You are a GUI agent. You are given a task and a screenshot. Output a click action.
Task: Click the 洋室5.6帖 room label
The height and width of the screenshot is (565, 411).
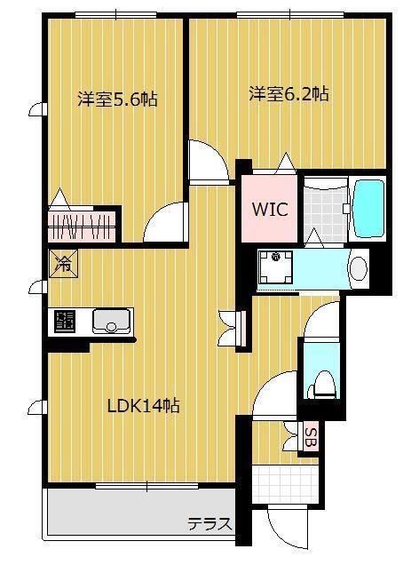117,99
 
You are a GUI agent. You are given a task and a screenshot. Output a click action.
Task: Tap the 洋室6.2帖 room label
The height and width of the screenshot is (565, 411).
288,92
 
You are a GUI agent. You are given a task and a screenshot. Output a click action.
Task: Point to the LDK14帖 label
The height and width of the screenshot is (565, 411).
144,406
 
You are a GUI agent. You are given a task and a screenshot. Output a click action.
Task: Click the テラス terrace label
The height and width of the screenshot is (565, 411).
209,523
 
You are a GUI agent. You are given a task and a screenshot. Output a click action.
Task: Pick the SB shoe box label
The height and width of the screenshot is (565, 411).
310,436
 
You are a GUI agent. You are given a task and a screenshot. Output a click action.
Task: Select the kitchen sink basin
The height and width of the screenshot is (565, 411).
112,320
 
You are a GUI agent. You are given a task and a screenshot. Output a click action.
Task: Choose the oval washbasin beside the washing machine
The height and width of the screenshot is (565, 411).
358,267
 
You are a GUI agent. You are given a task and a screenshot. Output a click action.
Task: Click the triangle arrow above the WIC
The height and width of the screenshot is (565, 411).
285,163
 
